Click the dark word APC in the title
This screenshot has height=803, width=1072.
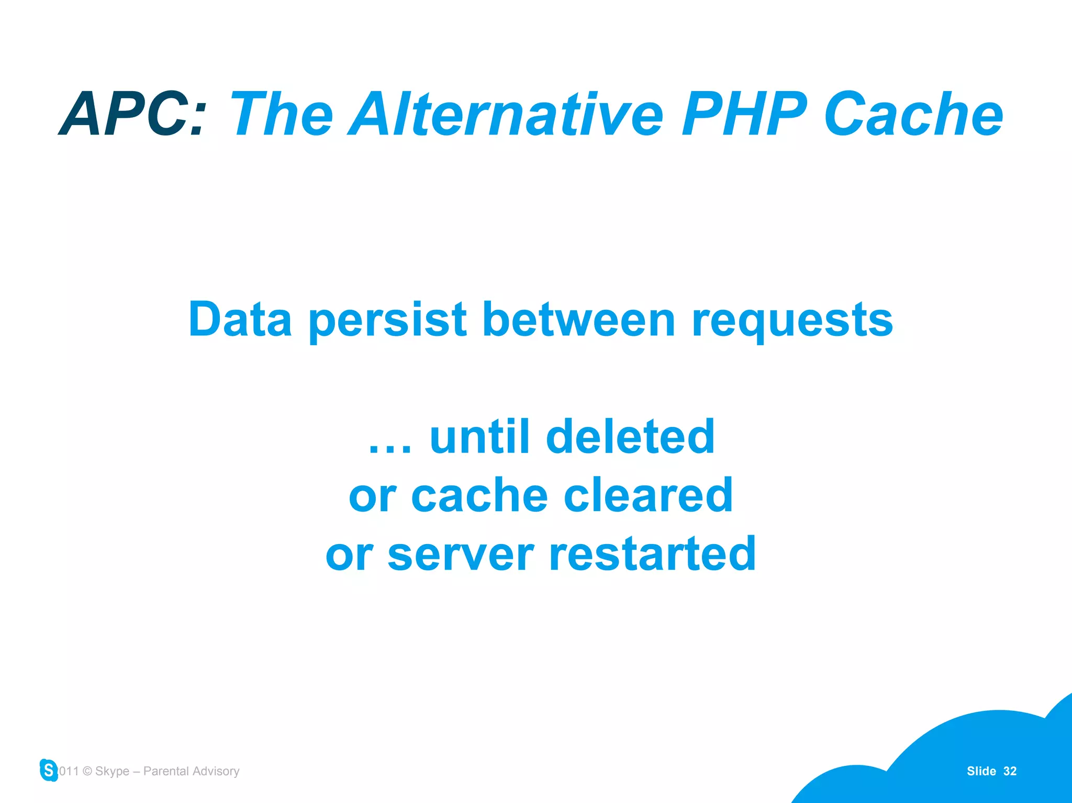[x=133, y=114]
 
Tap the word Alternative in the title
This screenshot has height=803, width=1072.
[x=507, y=114]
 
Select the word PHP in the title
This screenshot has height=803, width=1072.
[x=744, y=114]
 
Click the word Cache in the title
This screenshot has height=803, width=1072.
[x=913, y=114]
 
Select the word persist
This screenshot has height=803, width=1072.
[x=388, y=320]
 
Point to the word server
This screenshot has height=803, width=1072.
[x=461, y=555]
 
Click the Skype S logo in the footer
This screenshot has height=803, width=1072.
[x=49, y=770]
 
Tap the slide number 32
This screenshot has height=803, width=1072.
[x=1010, y=771]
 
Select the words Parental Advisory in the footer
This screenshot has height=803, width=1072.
[x=191, y=771]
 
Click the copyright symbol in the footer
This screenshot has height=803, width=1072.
[x=87, y=771]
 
